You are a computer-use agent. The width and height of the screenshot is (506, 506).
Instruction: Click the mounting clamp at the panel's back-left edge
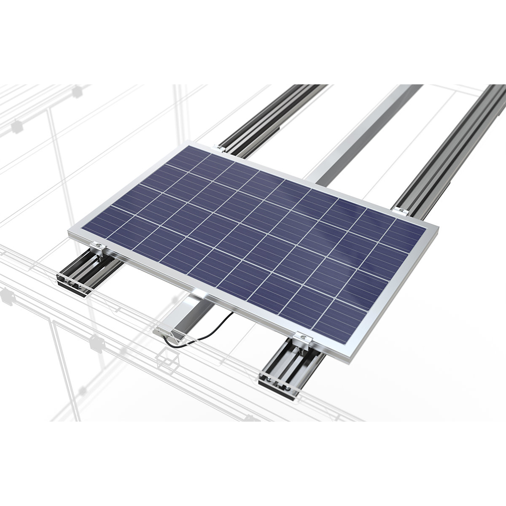(219, 148)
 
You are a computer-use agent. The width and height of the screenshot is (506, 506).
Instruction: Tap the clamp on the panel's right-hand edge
(401, 210)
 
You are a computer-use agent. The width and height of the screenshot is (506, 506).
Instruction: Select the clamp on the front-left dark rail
(98, 247)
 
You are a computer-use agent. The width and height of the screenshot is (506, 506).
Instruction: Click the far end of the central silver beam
(405, 87)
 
